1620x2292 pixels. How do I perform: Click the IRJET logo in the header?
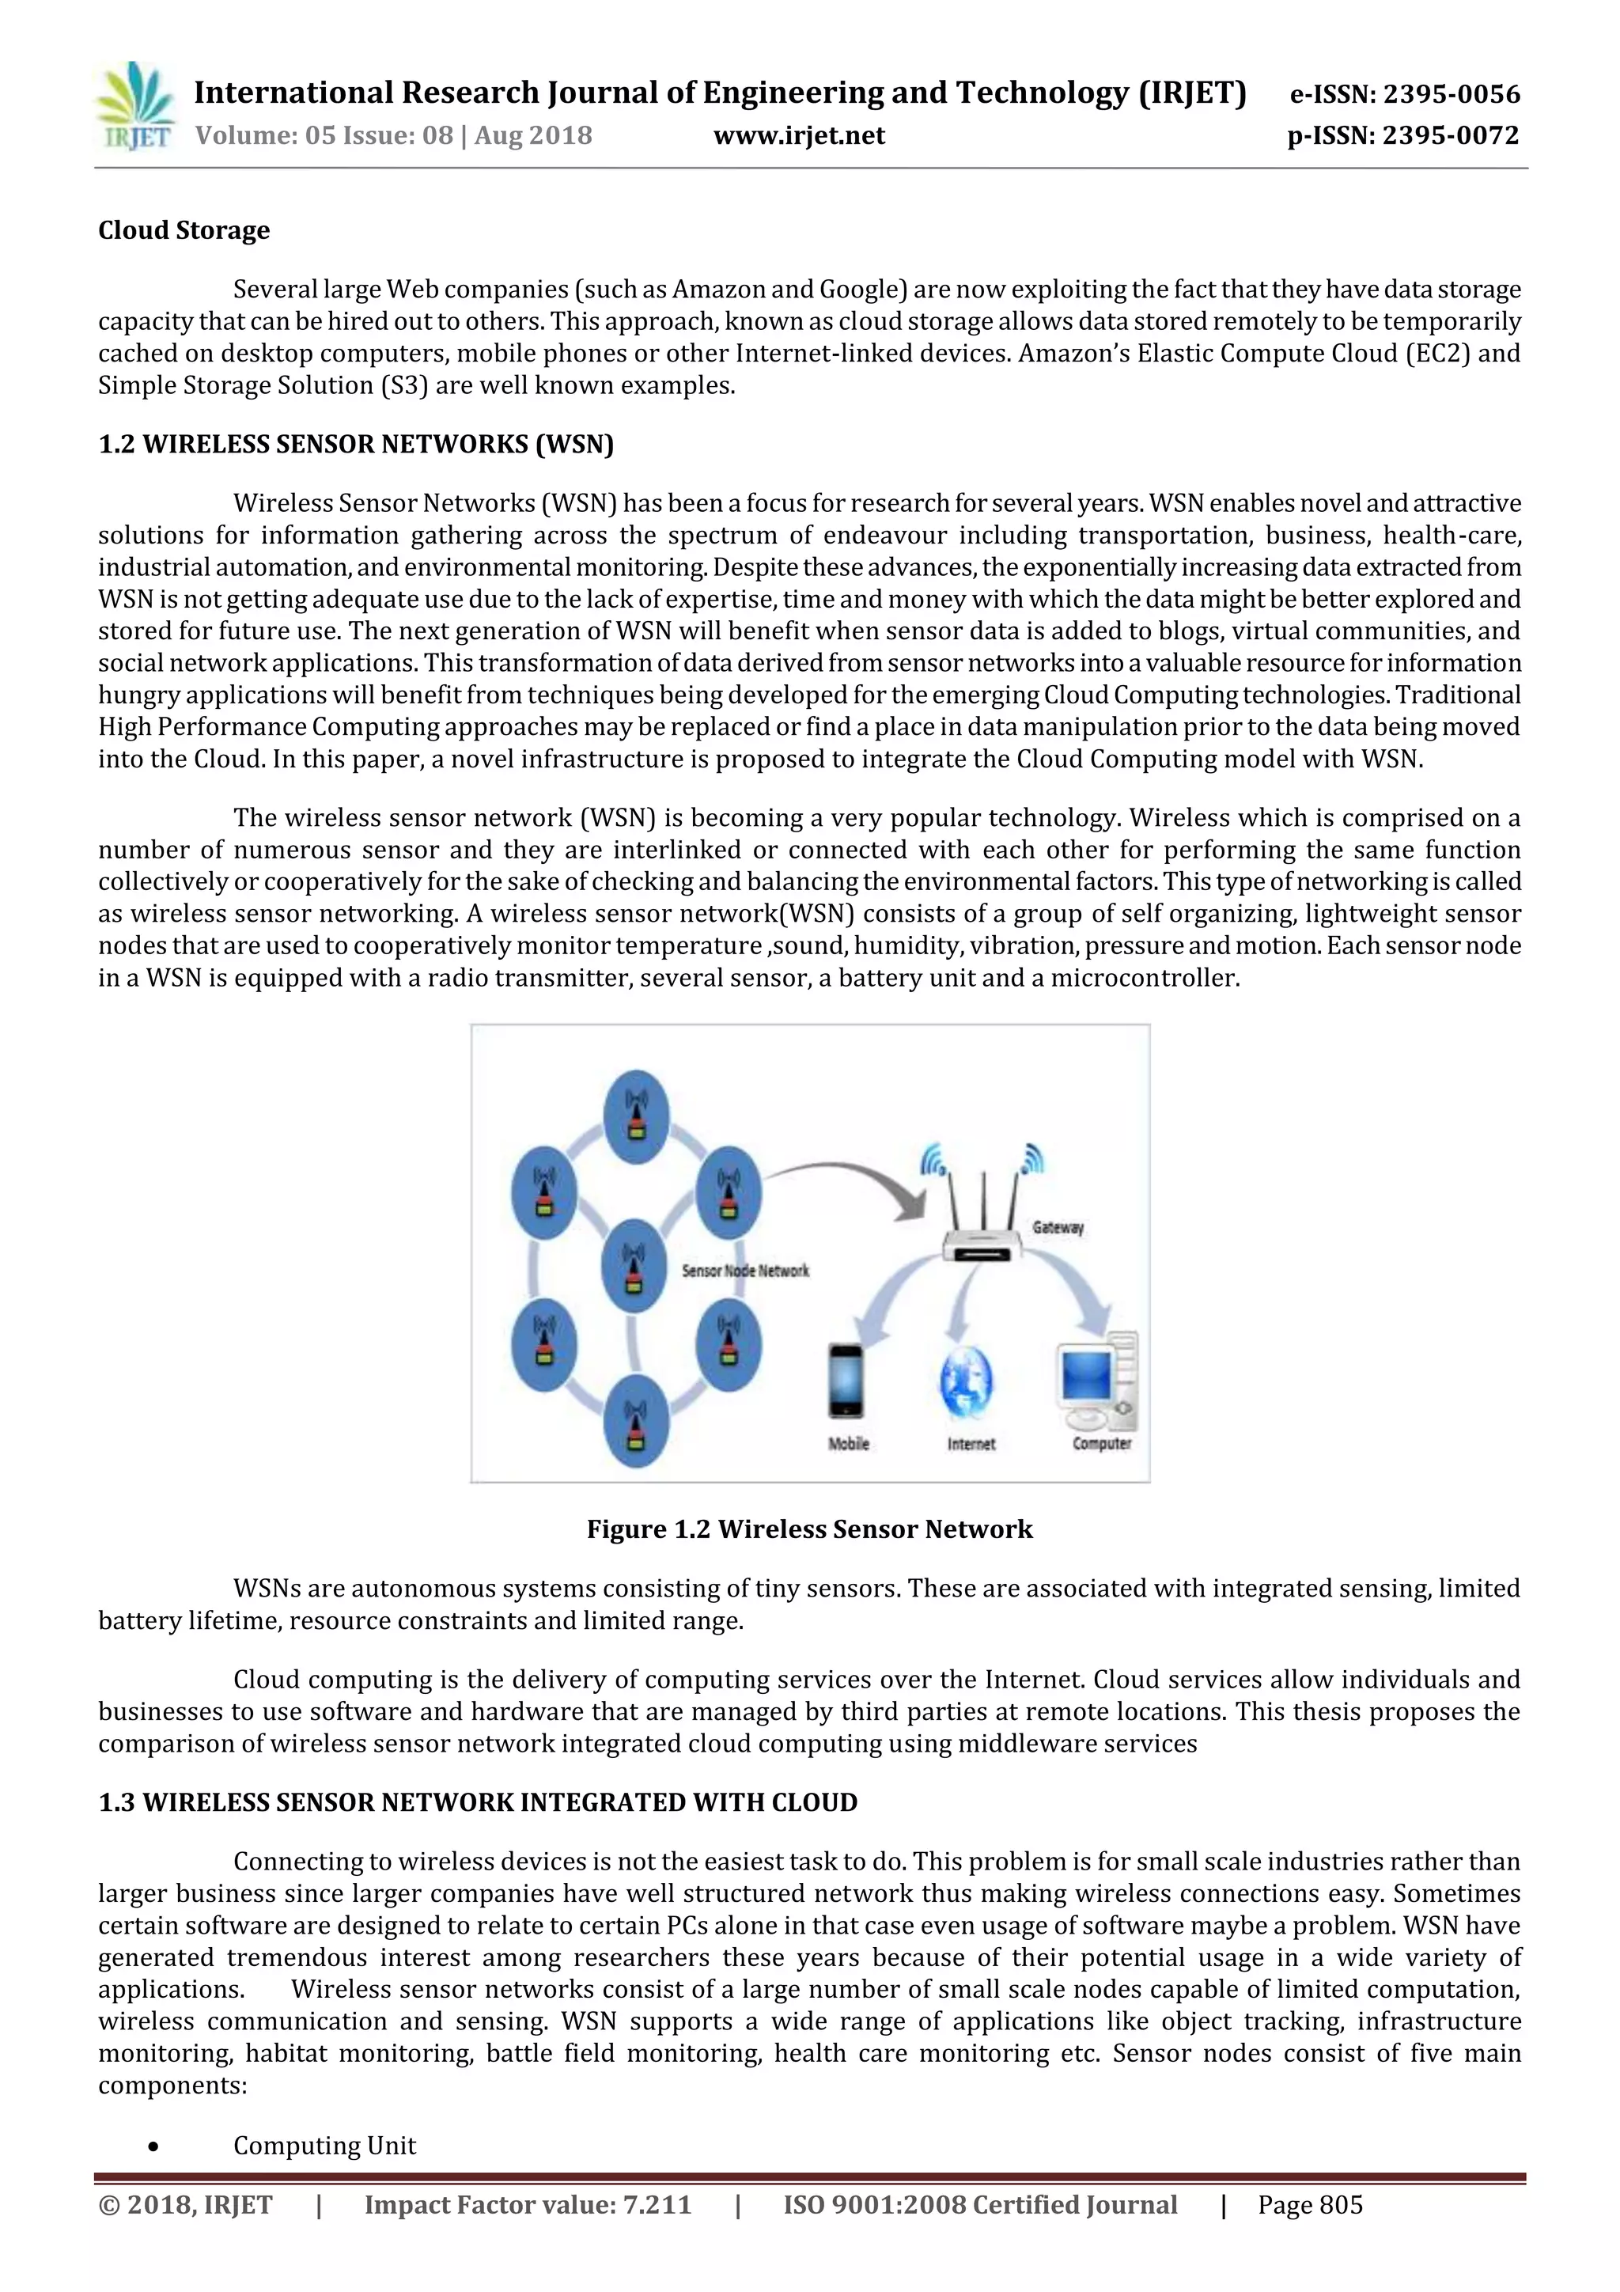[134, 107]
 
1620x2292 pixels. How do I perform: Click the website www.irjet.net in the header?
[798, 136]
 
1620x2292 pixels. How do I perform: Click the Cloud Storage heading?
[184, 230]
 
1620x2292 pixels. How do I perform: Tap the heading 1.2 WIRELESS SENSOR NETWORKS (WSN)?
[355, 444]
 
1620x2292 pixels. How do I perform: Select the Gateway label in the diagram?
[1057, 1228]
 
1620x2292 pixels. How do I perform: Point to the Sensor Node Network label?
[744, 1271]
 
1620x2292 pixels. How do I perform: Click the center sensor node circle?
[634, 1266]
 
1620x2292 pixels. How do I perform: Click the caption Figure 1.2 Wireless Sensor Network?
[808, 1529]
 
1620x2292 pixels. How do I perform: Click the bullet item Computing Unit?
[324, 2146]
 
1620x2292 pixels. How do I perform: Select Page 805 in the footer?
[1310, 2204]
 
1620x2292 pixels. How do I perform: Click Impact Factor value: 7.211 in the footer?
[527, 2204]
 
